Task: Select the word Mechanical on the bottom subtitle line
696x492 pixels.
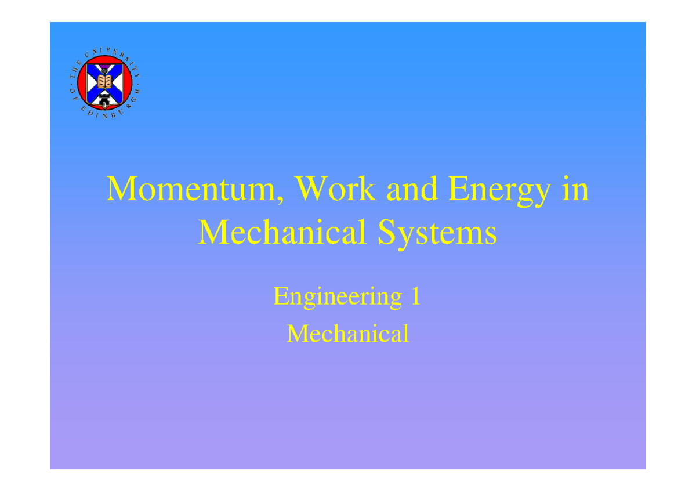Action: click(x=348, y=334)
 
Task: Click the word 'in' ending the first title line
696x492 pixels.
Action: click(x=578, y=190)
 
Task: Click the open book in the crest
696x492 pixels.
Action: click(x=104, y=82)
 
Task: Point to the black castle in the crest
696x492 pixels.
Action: click(x=104, y=100)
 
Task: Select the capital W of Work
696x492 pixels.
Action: click(x=311, y=190)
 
